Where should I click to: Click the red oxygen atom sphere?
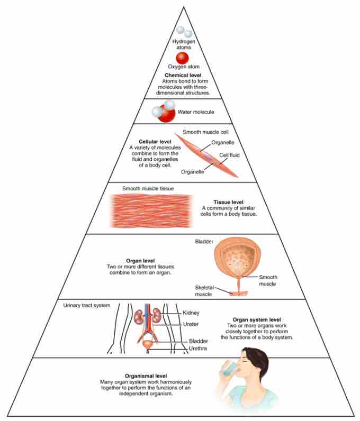click(x=182, y=58)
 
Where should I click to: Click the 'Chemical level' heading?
click(x=183, y=76)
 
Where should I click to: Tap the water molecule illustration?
click(x=164, y=111)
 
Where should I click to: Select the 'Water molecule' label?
click(x=196, y=112)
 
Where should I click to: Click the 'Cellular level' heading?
click(x=155, y=142)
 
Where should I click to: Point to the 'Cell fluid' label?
click(x=229, y=155)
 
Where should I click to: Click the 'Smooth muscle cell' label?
click(x=205, y=132)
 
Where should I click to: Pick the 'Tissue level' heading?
click(x=228, y=202)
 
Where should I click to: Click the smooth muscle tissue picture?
click(x=151, y=211)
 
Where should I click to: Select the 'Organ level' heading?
click(x=140, y=261)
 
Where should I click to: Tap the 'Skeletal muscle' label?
click(x=204, y=291)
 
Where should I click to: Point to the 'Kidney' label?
click(x=191, y=313)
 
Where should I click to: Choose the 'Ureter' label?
click(x=191, y=324)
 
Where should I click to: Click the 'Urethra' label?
click(x=197, y=349)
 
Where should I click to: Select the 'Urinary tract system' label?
click(x=87, y=305)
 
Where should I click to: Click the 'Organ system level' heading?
click(x=256, y=320)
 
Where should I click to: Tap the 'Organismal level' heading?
click(x=146, y=376)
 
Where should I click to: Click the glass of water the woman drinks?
click(x=228, y=368)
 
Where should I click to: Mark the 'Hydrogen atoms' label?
click(x=184, y=44)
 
